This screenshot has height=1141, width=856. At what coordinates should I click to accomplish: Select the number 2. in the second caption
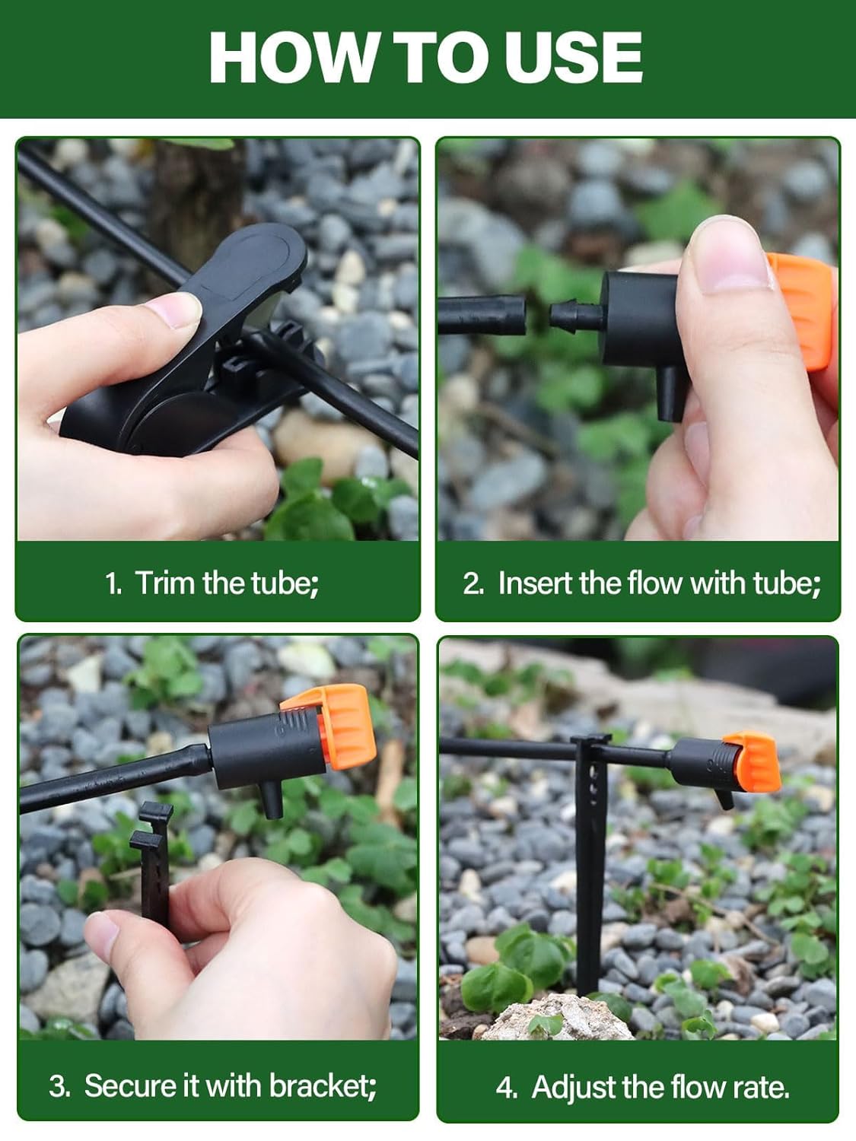point(473,583)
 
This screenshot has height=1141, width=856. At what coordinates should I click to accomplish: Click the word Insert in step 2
point(536,583)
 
